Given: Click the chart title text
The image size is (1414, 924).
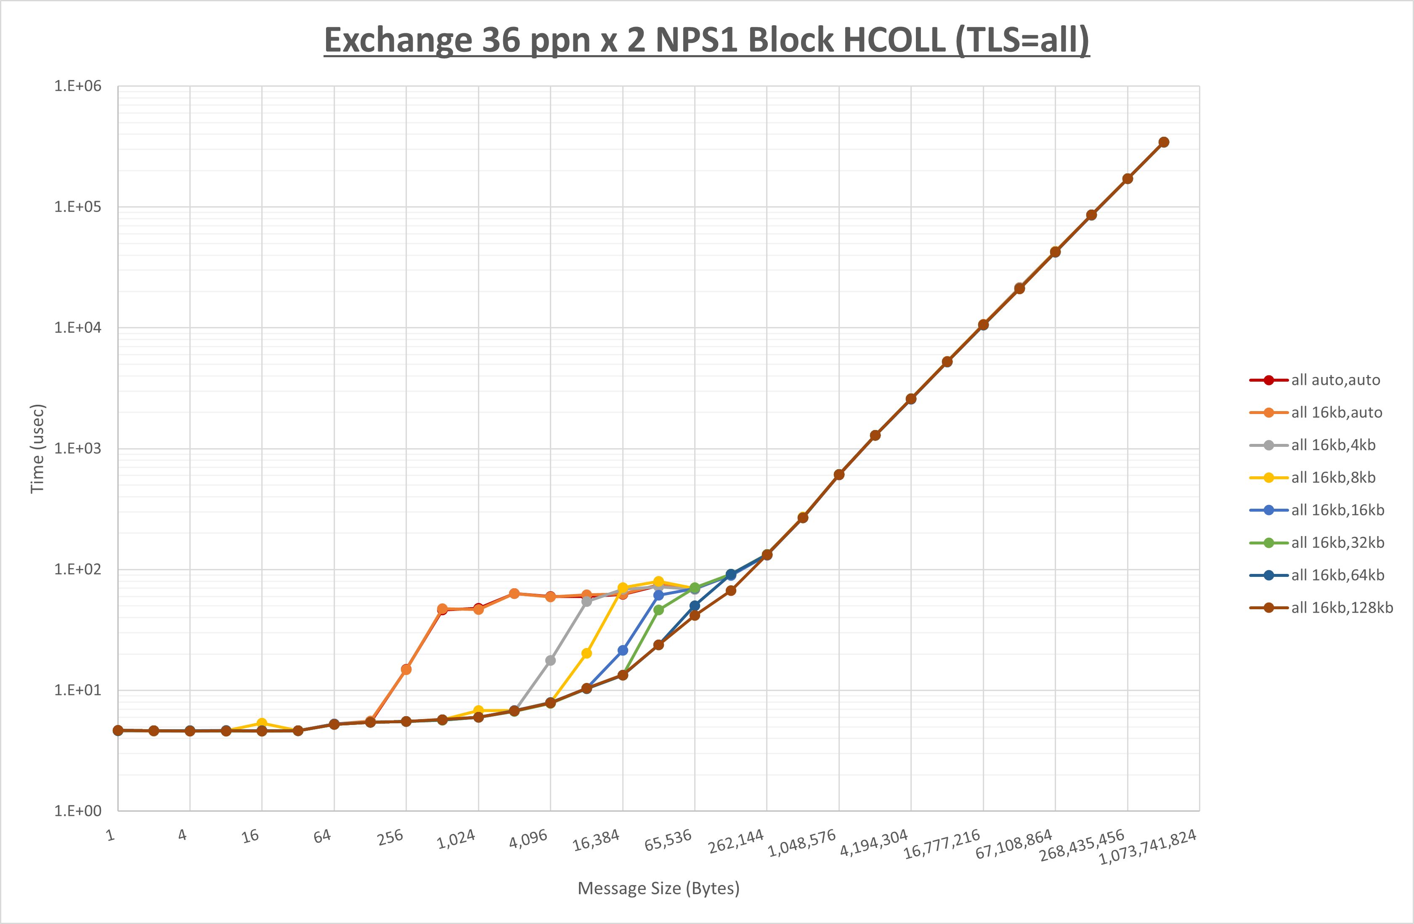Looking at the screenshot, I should coord(706,40).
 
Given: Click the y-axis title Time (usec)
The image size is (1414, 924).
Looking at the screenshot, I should coord(37,449).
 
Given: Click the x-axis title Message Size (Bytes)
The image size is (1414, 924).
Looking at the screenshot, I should coord(658,888).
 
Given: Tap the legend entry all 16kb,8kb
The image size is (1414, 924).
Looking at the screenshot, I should coord(1333,478).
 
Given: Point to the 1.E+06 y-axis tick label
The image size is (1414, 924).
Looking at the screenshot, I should coord(78,86).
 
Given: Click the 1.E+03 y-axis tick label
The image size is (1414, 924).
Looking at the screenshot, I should coord(78,449).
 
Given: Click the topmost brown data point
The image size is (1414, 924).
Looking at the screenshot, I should coord(1164,142).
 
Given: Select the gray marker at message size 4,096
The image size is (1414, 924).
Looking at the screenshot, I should coord(550,660).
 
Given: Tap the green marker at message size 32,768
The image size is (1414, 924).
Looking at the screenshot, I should coord(658,610).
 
